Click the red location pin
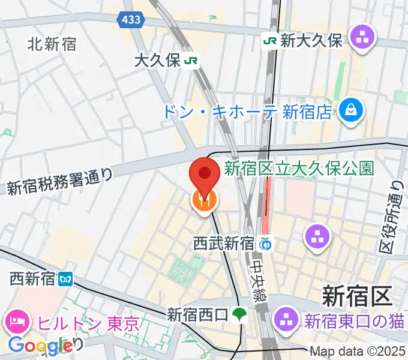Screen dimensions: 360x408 tap(204, 175)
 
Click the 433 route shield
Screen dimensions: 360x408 tap(131, 20)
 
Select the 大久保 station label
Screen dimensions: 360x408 tap(158, 61)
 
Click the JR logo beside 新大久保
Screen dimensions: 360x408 tap(270, 40)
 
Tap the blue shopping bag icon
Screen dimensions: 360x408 tap(348, 109)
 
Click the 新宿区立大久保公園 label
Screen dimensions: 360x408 tap(299, 168)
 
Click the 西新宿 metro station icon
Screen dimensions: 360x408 tap(66, 279)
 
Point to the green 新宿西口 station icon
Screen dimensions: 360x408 tap(240, 313)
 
